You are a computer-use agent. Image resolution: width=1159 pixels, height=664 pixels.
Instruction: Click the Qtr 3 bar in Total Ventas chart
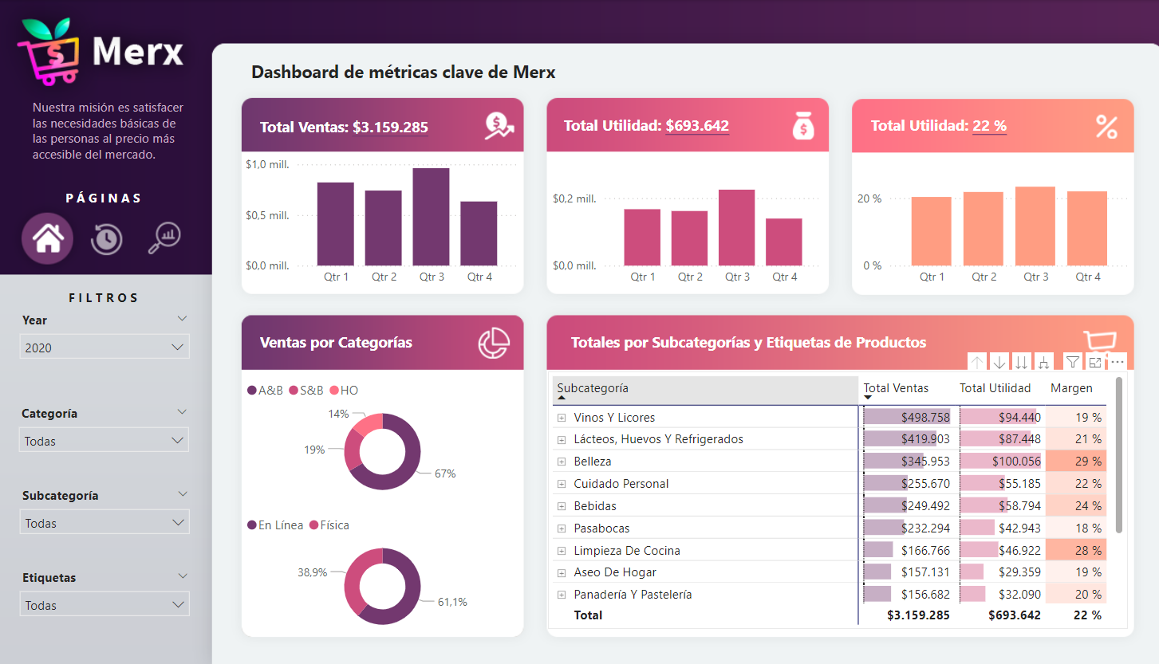coord(431,217)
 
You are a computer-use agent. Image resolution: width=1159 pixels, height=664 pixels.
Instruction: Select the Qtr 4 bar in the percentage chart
coord(1087,229)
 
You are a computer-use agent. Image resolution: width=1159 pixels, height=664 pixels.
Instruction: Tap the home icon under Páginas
coord(48,238)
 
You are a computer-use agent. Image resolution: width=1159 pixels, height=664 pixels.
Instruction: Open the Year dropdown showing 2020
coord(104,348)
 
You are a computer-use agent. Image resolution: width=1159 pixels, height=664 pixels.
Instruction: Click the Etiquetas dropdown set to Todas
coord(104,605)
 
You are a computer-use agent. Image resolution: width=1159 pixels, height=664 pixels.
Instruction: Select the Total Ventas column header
coord(896,388)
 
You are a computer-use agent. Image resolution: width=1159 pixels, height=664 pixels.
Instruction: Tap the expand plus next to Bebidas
coord(562,506)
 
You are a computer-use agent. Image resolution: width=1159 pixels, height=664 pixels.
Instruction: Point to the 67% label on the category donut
coord(444,473)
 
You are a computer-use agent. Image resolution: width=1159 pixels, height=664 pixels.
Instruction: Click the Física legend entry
coord(334,525)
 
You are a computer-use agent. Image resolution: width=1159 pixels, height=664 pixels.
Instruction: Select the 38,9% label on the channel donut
coord(313,572)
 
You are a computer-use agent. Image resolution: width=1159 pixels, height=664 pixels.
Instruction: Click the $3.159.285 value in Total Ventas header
coord(390,127)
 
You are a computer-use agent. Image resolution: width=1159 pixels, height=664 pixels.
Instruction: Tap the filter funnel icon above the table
coord(1073,363)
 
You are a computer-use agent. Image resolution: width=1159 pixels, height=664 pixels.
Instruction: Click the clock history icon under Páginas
coord(106,238)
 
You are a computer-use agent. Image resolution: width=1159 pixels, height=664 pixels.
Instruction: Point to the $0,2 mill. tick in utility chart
coord(574,198)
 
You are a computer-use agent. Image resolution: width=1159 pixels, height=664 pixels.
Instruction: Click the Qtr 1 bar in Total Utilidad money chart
coord(642,238)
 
